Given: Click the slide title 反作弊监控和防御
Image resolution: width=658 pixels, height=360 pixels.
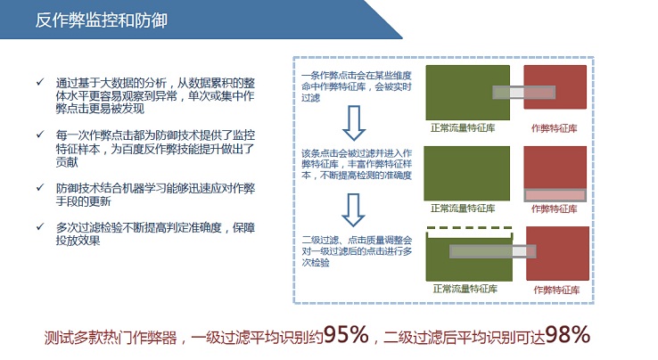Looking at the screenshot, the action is pos(101,20).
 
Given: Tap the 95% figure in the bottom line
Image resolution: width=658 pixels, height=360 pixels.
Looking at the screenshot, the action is pos(346,334).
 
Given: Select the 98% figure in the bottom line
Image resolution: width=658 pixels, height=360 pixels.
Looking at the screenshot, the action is pos(567,334).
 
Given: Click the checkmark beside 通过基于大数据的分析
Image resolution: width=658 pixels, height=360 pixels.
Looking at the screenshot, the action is pos(40,82).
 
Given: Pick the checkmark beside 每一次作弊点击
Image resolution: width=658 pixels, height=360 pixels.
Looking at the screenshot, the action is pos(40,135).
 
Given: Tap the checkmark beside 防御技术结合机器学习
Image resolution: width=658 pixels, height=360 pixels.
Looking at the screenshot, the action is pos(40,187).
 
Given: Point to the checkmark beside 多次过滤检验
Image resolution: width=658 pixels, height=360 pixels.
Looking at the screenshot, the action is pos(40,226).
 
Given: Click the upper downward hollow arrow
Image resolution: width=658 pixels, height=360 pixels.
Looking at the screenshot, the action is pos(354,123).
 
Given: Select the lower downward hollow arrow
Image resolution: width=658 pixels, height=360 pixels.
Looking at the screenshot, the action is pos(353,209).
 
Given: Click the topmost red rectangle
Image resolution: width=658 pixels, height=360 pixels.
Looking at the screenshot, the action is pos(555,86).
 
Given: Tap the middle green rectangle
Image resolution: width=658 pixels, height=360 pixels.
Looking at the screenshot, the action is pos(466,173).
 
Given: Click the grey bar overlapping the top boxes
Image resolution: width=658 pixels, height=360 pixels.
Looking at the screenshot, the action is pos(523,93).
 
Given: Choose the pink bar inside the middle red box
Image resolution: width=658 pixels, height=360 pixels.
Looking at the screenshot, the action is pos(555,195).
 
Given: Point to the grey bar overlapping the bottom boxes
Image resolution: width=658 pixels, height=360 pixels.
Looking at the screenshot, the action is pos(493,251).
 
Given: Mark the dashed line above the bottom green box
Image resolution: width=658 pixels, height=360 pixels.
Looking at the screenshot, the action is pos(469,228).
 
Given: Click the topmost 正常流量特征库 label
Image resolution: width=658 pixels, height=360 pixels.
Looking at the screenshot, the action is pos(463,127).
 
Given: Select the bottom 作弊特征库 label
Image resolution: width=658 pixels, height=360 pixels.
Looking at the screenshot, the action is pos(556,290).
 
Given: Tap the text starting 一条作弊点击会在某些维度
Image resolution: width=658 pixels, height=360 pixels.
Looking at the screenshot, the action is pos(357,86).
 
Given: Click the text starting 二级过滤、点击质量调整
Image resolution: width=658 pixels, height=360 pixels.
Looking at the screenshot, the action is pos(357,251).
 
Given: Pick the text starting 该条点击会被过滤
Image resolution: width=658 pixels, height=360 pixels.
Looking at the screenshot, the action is pos(357,164).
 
